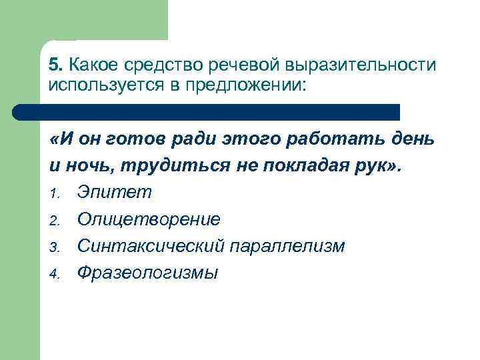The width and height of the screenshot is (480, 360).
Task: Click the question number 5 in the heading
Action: (55, 65)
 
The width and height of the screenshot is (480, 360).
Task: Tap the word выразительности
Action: (361, 65)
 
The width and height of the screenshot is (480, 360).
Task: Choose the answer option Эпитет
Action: (115, 192)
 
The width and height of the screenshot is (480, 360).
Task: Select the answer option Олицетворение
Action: (149, 219)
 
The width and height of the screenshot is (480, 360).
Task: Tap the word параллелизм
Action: (287, 245)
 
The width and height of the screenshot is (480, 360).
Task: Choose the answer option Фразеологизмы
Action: (147, 272)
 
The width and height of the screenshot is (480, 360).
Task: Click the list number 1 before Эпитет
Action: (54, 193)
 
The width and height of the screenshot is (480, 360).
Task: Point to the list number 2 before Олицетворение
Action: (54, 220)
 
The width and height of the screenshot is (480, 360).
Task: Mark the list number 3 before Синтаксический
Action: (54, 247)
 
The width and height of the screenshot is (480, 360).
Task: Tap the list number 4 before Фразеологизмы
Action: (54, 273)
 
